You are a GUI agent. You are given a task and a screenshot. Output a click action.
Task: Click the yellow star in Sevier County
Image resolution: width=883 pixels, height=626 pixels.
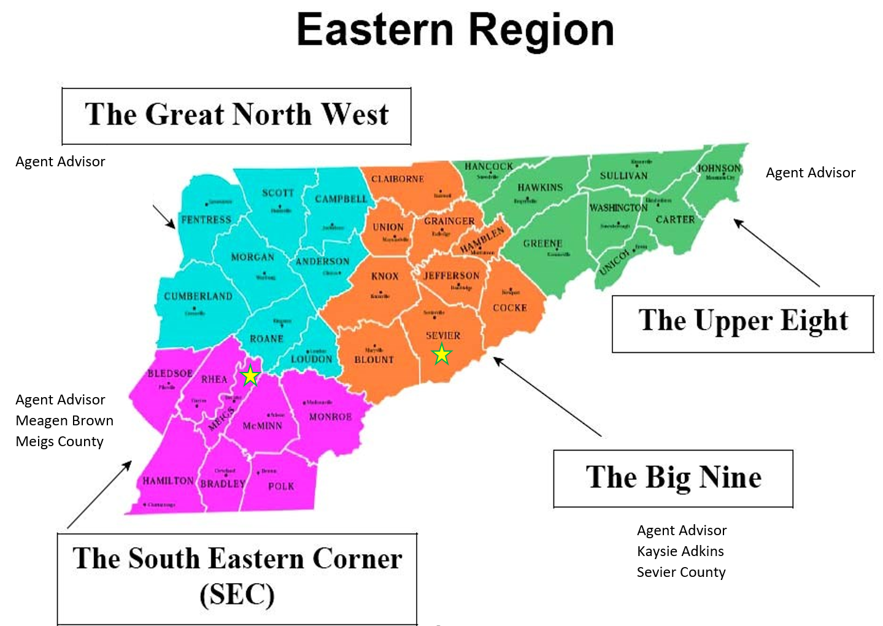pyautogui.click(x=442, y=354)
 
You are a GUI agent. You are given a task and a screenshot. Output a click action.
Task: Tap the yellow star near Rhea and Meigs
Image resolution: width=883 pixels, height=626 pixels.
pyautogui.click(x=250, y=376)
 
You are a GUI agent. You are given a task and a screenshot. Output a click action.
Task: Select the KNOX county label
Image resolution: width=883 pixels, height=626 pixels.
pyautogui.click(x=385, y=276)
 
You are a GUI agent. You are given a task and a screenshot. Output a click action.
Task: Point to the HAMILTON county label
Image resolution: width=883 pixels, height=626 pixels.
pyautogui.click(x=168, y=481)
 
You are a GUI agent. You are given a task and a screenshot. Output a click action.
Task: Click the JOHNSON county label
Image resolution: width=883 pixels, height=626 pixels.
pyautogui.click(x=719, y=168)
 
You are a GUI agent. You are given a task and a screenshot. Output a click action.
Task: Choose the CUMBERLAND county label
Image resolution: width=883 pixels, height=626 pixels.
pyautogui.click(x=198, y=296)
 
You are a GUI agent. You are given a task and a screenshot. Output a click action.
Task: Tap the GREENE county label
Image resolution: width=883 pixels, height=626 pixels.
pyautogui.click(x=542, y=244)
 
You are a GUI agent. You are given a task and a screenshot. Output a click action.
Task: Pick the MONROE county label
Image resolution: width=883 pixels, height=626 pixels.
pyautogui.click(x=330, y=417)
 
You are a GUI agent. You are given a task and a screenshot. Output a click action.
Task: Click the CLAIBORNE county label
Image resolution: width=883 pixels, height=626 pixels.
pyautogui.click(x=397, y=179)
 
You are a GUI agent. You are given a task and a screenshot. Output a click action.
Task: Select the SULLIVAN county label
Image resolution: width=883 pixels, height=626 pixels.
pyautogui.click(x=623, y=176)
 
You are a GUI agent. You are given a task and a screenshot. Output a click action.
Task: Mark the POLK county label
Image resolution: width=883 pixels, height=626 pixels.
pyautogui.click(x=281, y=486)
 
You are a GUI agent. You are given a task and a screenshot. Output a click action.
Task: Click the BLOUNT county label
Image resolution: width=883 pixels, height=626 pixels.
pyautogui.click(x=374, y=360)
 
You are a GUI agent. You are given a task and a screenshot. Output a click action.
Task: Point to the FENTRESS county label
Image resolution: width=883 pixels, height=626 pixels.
pyautogui.click(x=206, y=220)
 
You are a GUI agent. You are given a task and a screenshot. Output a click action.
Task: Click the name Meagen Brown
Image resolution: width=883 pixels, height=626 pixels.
pyautogui.click(x=64, y=420)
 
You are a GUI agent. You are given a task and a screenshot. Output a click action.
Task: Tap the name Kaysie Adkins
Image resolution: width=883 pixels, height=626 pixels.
pyautogui.click(x=681, y=551)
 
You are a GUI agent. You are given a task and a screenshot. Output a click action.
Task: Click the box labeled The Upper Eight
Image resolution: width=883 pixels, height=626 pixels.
pyautogui.click(x=742, y=323)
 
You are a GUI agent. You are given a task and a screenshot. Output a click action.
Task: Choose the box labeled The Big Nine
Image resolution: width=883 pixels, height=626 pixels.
pyautogui.click(x=673, y=479)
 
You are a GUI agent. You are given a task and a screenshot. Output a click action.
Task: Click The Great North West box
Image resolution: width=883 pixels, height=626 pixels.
pyautogui.click(x=236, y=116)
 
